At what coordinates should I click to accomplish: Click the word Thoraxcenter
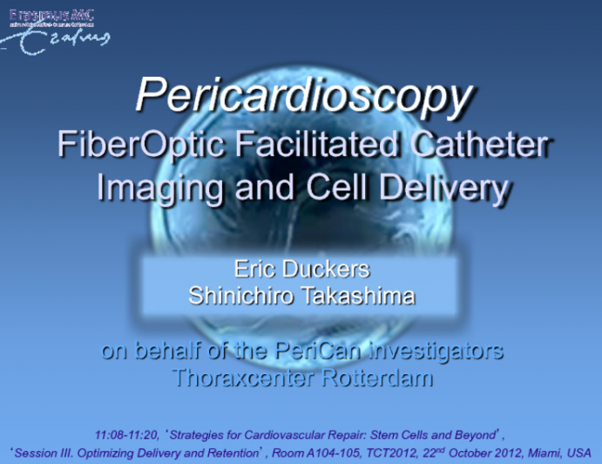point(245,379)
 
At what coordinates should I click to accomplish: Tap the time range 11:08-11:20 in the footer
point(130,433)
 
